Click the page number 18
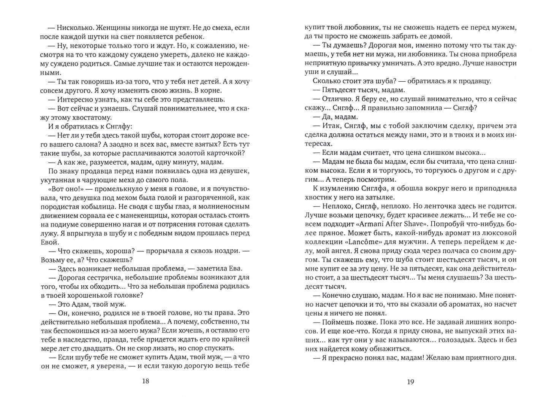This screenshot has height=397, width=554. (x=145, y=382)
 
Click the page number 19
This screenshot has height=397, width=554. (x=410, y=382)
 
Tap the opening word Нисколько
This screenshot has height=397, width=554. (x=74, y=28)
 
